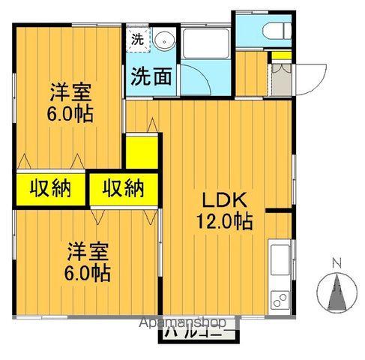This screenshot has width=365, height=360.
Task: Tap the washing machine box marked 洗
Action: [x=138, y=38]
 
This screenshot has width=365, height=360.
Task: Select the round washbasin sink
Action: [x=164, y=41]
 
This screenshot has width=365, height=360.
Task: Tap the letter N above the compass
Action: [x=337, y=262]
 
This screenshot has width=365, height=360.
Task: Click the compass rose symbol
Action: [x=337, y=289]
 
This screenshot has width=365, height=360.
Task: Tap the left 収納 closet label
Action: [x=50, y=187]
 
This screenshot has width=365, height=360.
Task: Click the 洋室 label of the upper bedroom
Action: [x=71, y=94]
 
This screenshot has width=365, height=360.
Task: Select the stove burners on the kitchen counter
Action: [x=280, y=298]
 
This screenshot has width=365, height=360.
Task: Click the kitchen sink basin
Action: [x=280, y=259]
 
